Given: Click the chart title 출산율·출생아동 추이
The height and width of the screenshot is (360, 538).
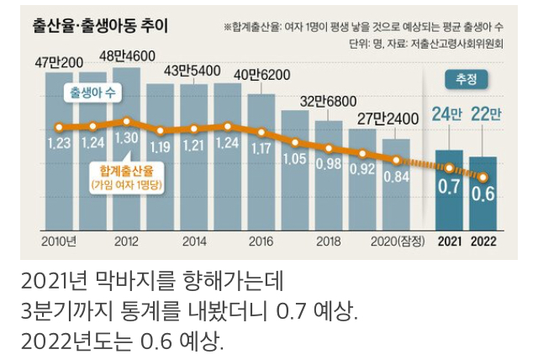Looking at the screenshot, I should tap(100, 25).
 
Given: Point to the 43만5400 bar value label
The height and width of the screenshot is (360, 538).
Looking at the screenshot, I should tap(192, 70).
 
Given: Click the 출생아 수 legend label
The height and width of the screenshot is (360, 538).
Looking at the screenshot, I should tap(94, 92).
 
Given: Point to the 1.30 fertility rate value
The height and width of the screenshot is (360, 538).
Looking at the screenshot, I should tap(126, 136).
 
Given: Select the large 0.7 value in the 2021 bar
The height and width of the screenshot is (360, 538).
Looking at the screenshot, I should tap(450, 188).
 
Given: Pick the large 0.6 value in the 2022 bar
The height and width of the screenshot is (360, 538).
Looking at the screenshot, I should tap(483, 193).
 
